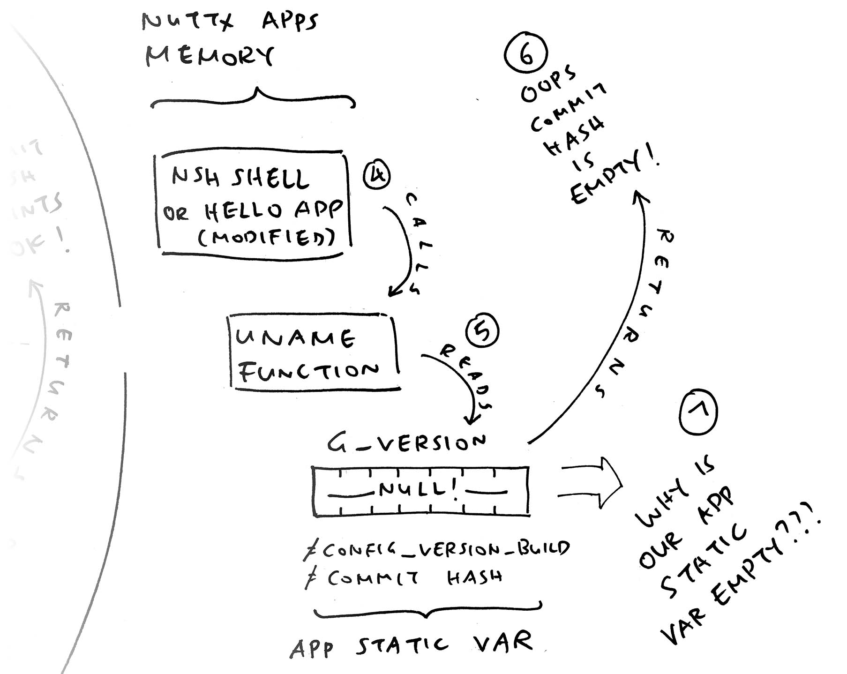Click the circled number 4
click(x=376, y=175)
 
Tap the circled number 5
click(x=482, y=331)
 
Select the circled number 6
click(x=525, y=55)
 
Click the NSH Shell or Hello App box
click(x=253, y=204)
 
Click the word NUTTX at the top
click(x=187, y=22)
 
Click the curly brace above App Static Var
click(x=427, y=610)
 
